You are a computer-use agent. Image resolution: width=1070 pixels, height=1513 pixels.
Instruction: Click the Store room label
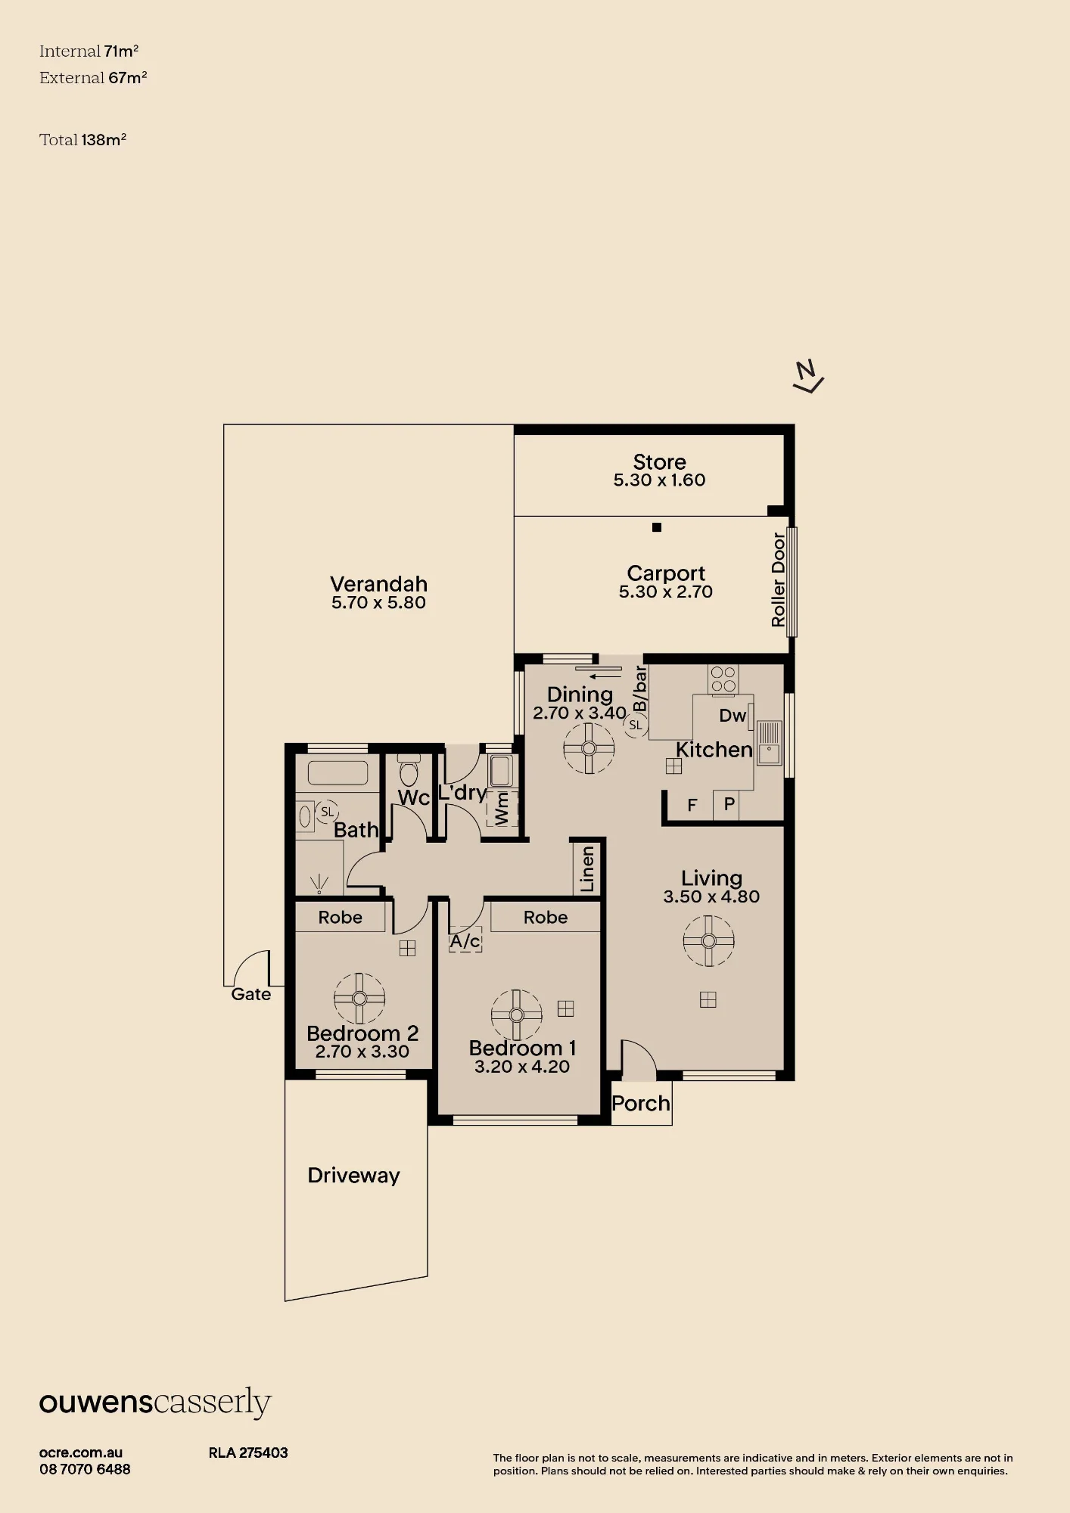pos(659,461)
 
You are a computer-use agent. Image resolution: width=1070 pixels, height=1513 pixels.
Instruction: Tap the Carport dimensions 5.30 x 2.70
pos(666,592)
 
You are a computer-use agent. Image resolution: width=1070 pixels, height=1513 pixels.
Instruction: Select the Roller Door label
pos(779,579)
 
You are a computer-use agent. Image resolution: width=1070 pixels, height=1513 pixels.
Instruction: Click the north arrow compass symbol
pos(807,376)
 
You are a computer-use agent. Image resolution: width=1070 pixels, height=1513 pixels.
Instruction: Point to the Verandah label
pos(378,584)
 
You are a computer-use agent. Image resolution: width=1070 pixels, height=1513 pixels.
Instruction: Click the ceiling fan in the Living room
pos(708,941)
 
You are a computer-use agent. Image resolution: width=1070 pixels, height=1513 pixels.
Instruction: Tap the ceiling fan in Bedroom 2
pos(359,998)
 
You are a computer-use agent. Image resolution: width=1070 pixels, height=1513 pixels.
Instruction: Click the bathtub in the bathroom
pos(337,773)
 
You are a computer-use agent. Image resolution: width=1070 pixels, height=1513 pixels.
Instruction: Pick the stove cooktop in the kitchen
pos(723,679)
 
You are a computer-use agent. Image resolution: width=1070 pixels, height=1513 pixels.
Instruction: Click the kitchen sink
pos(769,743)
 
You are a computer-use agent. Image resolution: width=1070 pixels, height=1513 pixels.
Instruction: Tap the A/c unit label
pos(465,940)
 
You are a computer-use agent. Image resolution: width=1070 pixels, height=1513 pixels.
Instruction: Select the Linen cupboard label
pos(588,869)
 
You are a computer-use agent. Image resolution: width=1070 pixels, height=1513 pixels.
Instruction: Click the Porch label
pos(641,1103)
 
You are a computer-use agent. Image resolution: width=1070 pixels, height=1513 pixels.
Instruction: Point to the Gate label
pos(251,994)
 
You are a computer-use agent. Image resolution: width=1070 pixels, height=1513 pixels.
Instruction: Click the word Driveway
pos(353,1175)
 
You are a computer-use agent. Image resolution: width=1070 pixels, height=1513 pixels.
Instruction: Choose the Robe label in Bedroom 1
pos(546,917)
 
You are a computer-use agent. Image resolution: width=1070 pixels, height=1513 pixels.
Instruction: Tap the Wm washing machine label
pos(502,808)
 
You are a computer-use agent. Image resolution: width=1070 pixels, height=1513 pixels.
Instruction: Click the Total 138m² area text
pos(82,139)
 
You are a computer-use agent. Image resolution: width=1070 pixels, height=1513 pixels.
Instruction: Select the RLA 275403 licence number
pos(248,1452)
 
